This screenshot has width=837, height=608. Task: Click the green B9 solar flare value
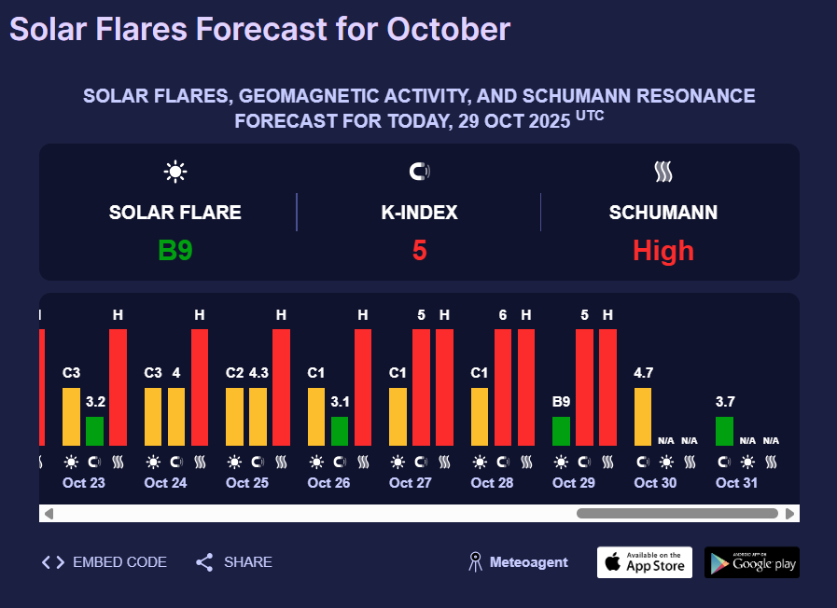click(175, 251)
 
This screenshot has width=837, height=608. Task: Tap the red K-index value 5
click(419, 251)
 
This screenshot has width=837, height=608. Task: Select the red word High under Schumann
click(663, 251)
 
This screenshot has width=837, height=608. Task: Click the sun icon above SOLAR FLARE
click(175, 172)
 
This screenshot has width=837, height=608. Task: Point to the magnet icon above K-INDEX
click(419, 172)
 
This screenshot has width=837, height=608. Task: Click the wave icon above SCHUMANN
click(663, 172)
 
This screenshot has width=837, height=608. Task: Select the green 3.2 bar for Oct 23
click(95, 431)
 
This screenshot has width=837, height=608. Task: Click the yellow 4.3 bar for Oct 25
click(258, 417)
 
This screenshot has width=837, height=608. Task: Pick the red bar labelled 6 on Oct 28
click(503, 387)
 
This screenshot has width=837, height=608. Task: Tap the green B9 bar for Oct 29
click(561, 431)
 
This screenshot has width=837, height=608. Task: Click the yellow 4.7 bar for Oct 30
click(643, 417)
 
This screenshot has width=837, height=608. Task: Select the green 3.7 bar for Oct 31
click(724, 431)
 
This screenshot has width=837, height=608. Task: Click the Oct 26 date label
click(328, 483)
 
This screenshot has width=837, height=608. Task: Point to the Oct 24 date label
click(165, 483)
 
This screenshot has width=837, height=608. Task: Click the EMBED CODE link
click(105, 562)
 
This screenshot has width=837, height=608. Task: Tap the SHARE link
click(234, 562)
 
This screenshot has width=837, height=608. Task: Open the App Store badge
click(645, 562)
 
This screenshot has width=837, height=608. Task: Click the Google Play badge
click(752, 562)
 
